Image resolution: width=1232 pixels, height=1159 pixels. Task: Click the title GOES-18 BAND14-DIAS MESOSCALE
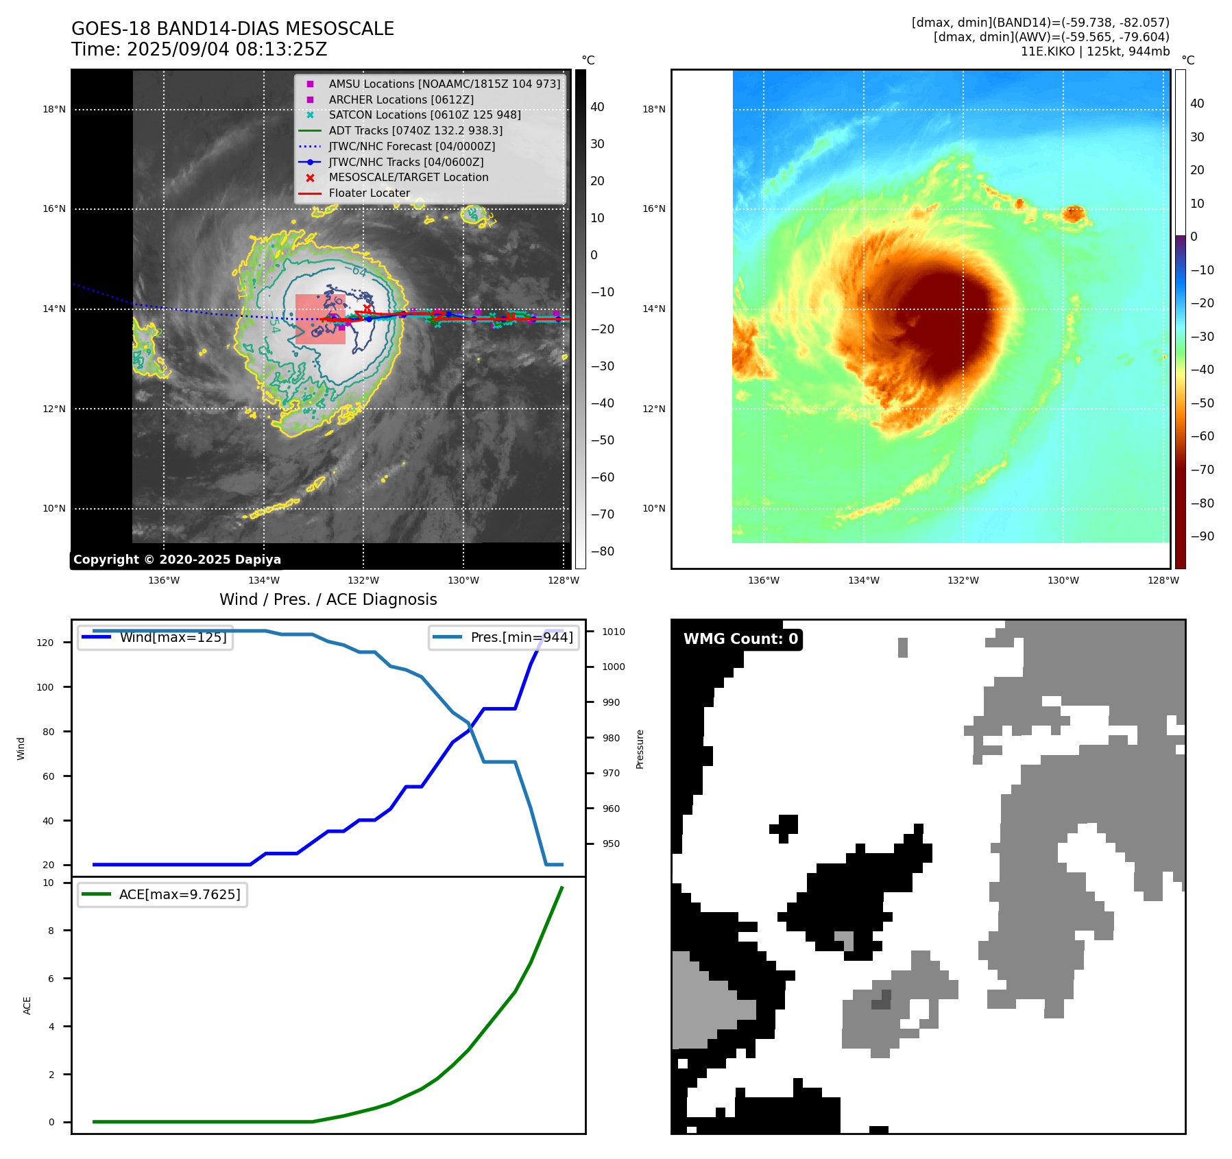pos(232,29)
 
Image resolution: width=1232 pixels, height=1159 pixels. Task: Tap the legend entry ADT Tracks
pos(415,130)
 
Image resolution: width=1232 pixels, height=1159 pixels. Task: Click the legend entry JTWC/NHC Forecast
pos(411,146)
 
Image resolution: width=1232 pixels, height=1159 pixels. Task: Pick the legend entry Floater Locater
pos(370,193)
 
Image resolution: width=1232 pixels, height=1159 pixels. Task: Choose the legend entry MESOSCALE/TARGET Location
pos(409,178)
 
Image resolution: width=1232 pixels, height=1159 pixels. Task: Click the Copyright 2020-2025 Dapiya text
pos(177,560)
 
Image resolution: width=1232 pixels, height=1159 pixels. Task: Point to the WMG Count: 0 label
pos(740,639)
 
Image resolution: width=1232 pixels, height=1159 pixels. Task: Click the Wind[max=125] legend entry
pos(173,638)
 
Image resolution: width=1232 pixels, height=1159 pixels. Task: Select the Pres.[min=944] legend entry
pos(521,638)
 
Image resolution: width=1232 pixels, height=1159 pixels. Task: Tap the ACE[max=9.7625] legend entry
pos(180,895)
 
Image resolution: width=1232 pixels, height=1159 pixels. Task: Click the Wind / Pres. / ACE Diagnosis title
pos(328,599)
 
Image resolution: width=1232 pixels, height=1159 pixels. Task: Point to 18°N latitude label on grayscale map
pos(54,109)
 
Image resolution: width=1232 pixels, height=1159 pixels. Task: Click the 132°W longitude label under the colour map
pos(963,580)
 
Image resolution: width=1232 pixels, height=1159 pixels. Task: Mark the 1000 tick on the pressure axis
pos(614,667)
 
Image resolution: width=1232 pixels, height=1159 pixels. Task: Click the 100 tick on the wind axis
pos(45,687)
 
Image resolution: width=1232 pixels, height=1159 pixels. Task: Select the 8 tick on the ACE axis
pos(51,931)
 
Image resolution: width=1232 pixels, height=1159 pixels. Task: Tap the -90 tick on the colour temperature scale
pos(1202,536)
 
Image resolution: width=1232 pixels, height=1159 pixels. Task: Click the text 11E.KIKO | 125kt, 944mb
pos(1095,51)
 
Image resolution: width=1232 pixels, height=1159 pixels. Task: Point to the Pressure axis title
pos(640,749)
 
